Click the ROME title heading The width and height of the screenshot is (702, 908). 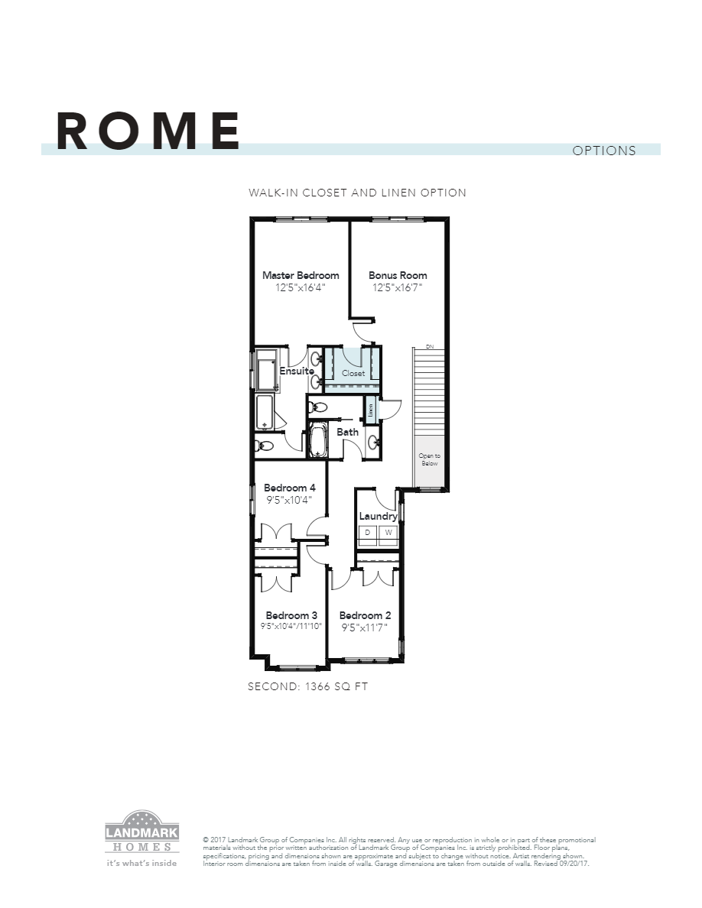tap(148, 131)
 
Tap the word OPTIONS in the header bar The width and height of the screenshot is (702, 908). tap(604, 151)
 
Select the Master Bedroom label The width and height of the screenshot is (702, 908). tap(301, 275)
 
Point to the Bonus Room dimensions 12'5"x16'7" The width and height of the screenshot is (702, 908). tap(398, 288)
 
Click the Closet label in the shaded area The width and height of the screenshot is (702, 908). tap(353, 374)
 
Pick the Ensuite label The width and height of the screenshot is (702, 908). tap(297, 371)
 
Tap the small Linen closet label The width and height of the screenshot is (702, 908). tap(371, 409)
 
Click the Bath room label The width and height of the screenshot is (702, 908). tap(348, 432)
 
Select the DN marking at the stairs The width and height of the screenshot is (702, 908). tap(430, 347)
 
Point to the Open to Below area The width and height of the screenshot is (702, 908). tap(429, 459)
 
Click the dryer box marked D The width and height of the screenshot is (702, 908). tap(368, 532)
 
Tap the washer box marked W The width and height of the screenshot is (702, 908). tap(388, 532)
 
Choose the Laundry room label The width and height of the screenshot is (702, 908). tap(378, 516)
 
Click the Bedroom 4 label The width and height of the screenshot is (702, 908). tap(290, 488)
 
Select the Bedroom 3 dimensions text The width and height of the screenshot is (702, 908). tap(291, 626)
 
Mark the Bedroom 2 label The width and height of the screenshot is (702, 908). tap(366, 615)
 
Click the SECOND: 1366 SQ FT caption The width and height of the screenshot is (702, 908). tap(308, 686)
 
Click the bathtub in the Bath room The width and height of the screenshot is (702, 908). tap(318, 441)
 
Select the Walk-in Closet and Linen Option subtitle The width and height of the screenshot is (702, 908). tap(357, 193)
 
